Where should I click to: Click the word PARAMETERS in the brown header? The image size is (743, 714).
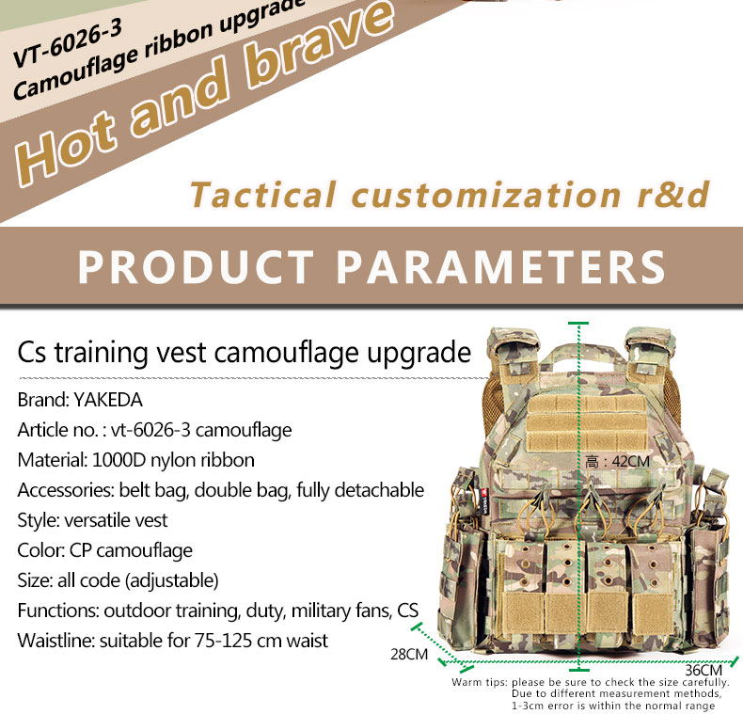[x=501, y=267]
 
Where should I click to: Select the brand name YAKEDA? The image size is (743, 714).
[x=108, y=400]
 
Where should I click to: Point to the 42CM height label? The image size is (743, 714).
[x=630, y=461]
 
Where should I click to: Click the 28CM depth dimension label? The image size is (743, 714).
[x=409, y=654]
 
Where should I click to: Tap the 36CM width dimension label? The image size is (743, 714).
[x=703, y=670]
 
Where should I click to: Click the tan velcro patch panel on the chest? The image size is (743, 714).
[x=587, y=423]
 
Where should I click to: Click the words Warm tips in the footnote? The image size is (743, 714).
[x=480, y=682]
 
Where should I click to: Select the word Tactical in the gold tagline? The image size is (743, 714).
[x=263, y=195]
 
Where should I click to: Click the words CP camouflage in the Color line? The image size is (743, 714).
[x=131, y=550]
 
